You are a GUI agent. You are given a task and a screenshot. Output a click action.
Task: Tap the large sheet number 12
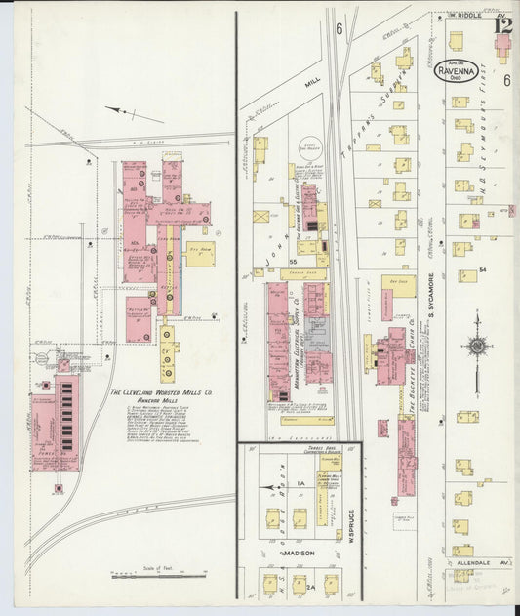[x=503, y=25]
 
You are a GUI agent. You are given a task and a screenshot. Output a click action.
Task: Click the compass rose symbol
[x=477, y=345]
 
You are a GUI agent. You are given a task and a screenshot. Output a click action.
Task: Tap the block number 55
[x=293, y=263]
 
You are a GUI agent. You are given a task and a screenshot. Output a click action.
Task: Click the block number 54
[x=482, y=267]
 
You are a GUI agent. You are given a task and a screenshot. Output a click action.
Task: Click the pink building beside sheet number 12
[x=503, y=50]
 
